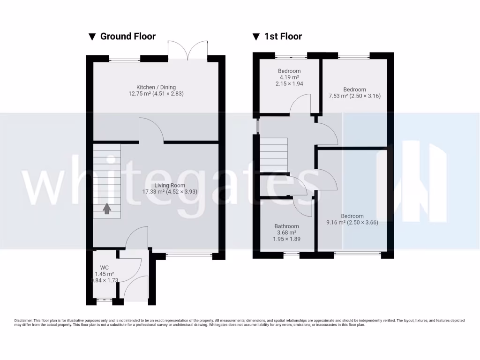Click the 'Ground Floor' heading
point(127,37)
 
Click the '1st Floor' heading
point(283,37)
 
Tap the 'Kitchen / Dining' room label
point(156,87)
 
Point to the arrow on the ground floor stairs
point(107,209)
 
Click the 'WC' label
point(104,268)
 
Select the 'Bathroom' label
point(286,226)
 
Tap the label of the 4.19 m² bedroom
point(289,71)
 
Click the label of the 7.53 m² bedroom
point(354,90)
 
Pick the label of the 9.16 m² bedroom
point(352,216)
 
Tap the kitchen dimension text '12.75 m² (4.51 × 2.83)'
point(156,94)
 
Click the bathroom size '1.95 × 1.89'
point(286,239)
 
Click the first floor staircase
point(274,155)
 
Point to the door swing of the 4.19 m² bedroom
point(300,104)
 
